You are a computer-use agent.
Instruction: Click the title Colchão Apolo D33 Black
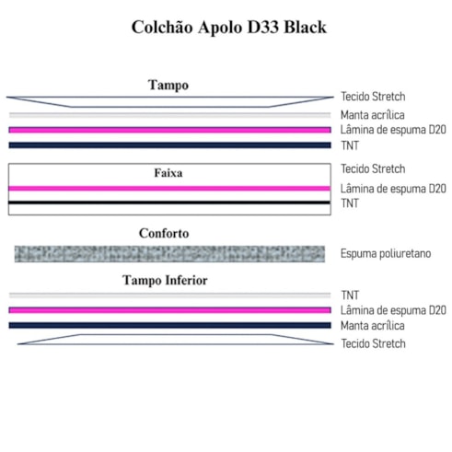click(x=229, y=28)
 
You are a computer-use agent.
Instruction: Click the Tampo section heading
click(x=168, y=86)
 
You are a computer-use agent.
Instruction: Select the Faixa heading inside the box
click(x=168, y=173)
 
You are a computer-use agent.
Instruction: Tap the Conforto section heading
click(x=164, y=233)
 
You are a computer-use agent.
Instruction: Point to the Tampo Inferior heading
click(x=165, y=280)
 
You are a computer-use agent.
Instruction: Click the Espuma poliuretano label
click(x=386, y=254)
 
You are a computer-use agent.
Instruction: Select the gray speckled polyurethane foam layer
click(x=169, y=254)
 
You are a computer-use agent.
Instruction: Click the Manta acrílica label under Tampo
click(x=373, y=115)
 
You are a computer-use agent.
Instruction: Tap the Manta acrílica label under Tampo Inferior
click(x=373, y=326)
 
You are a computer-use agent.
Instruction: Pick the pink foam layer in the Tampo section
click(x=169, y=130)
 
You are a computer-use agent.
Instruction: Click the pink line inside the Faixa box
click(x=169, y=189)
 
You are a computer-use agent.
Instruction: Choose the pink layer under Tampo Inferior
click(x=169, y=310)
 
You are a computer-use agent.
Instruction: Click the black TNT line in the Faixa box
click(x=169, y=203)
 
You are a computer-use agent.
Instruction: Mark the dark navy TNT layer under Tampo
click(x=169, y=145)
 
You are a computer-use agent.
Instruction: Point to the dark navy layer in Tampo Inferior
click(x=169, y=325)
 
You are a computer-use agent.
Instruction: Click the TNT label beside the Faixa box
click(x=350, y=203)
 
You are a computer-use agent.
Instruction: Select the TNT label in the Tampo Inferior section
click(x=350, y=296)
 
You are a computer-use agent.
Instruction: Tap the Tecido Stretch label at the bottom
click(x=373, y=343)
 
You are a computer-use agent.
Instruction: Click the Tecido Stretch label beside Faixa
click(x=373, y=168)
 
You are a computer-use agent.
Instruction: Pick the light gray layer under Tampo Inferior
click(x=169, y=296)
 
